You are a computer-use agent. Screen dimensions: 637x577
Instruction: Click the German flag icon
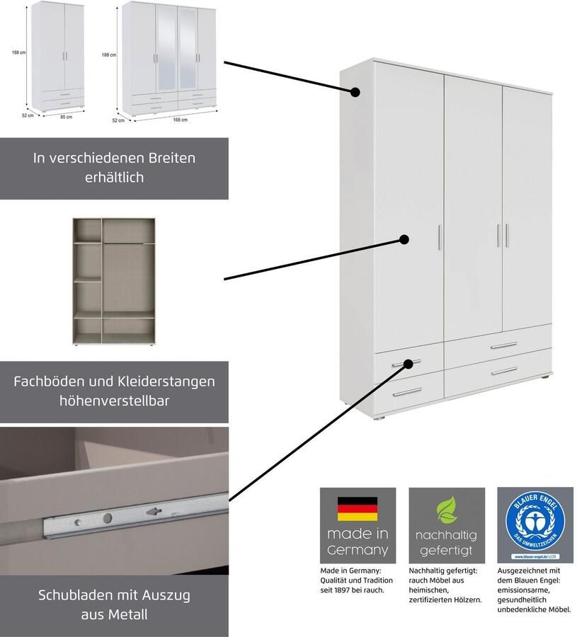pyautogui.click(x=357, y=508)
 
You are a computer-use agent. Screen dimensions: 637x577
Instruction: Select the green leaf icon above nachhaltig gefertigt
pyautogui.click(x=446, y=509)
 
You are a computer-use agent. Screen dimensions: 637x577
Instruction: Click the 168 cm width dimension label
pyautogui.click(x=180, y=120)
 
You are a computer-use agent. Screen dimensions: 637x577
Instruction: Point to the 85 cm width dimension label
pyautogui.click(x=66, y=117)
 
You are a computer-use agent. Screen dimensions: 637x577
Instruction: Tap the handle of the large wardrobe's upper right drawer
pyautogui.click(x=503, y=345)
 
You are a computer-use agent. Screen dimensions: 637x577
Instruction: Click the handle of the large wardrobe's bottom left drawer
pyautogui.click(x=406, y=391)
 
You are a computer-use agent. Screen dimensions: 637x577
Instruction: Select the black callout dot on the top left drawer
pyautogui.click(x=409, y=365)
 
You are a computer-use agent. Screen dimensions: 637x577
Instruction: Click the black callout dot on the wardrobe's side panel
pyautogui.click(x=356, y=92)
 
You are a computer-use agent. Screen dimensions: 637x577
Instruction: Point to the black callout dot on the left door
pyautogui.click(x=404, y=240)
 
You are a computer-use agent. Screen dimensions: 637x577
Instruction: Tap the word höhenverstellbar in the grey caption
pyautogui.click(x=114, y=401)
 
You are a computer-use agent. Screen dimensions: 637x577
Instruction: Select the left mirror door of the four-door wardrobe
pyautogui.click(x=165, y=57)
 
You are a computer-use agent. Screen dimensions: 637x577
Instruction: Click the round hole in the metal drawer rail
pyautogui.click(x=106, y=518)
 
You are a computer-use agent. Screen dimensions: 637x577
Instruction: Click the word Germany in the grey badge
pyautogui.click(x=358, y=549)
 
